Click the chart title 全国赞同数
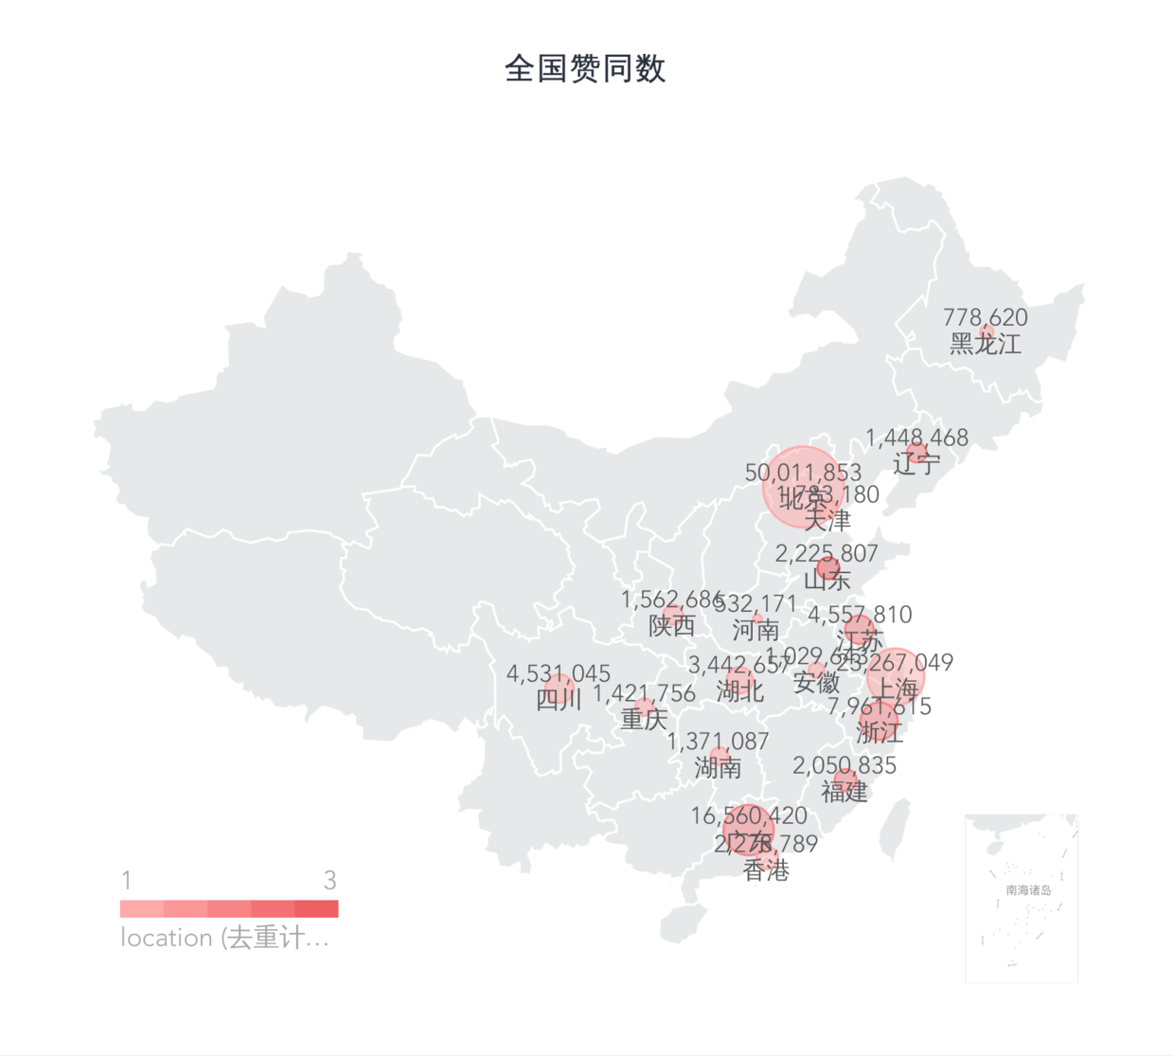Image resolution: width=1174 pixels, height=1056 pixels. [x=585, y=68]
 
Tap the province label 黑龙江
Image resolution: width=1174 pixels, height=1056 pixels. [x=986, y=344]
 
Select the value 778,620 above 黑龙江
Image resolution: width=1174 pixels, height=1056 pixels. [x=986, y=317]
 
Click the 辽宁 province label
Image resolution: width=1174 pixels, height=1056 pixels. [x=916, y=463]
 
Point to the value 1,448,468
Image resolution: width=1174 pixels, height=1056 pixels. [x=916, y=438]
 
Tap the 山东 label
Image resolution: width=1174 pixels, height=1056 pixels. [x=827, y=579]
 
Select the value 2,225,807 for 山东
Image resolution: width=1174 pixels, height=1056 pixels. [x=827, y=553]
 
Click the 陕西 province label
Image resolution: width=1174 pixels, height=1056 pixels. [x=672, y=625]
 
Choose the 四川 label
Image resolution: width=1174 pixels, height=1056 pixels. [x=559, y=699]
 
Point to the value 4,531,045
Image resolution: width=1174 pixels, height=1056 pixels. [x=559, y=673]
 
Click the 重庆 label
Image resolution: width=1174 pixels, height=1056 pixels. [x=644, y=719]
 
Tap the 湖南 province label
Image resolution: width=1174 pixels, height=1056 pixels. [x=718, y=767]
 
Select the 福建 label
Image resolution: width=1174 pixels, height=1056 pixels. [x=844, y=791]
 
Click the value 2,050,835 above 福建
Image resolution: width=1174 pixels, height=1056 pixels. [x=844, y=765]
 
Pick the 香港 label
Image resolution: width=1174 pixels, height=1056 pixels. [x=766, y=869]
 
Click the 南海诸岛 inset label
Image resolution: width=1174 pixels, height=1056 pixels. [x=1028, y=890]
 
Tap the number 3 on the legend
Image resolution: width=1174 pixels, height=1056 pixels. [x=329, y=881]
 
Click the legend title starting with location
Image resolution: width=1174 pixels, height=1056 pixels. [x=224, y=938]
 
